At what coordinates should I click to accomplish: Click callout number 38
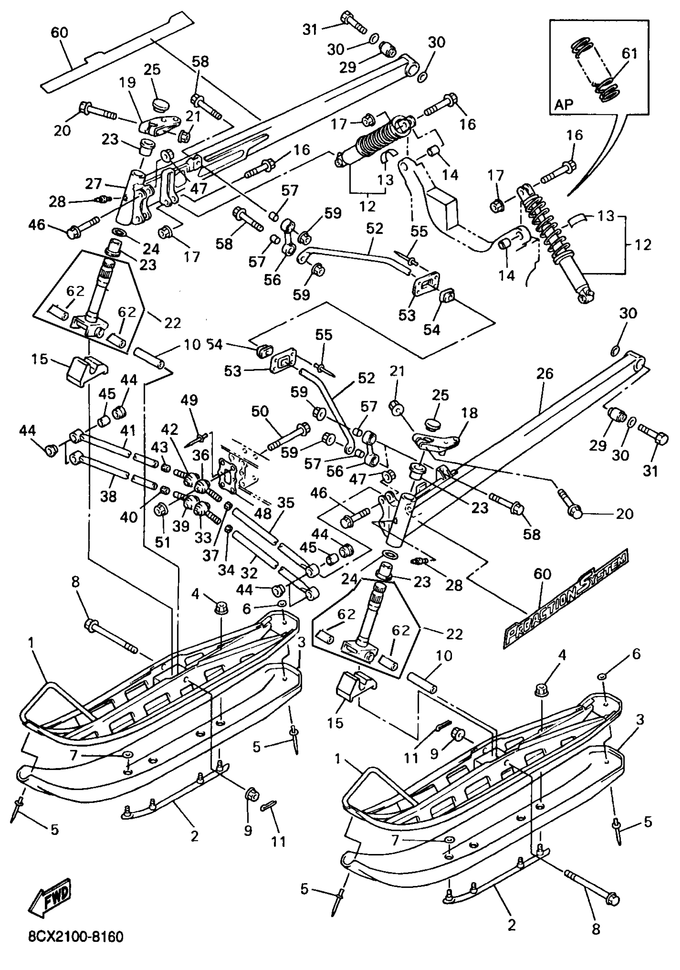coord(108,496)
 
